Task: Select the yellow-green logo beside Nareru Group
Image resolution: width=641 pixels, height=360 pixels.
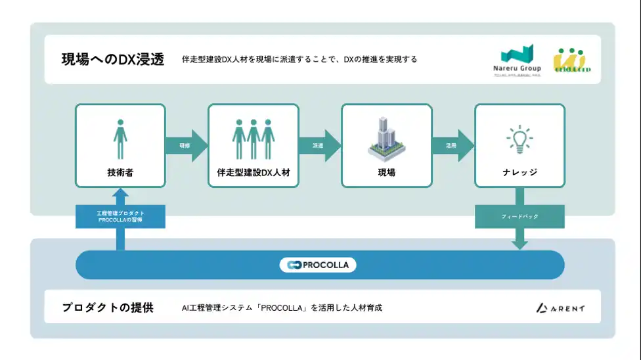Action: (571, 60)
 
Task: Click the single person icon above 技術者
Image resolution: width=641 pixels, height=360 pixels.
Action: (120, 139)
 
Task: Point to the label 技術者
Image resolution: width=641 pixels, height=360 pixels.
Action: (120, 173)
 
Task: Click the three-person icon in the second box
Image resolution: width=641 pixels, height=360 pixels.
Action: (254, 139)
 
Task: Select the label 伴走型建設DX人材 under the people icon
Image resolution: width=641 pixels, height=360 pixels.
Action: (254, 173)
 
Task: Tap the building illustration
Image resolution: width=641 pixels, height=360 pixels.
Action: (386, 139)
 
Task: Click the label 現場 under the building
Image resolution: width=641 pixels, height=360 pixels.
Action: (386, 173)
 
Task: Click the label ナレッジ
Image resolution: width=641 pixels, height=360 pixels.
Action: (519, 173)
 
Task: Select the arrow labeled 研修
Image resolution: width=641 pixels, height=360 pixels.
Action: (187, 145)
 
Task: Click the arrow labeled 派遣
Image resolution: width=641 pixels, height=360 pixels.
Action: (319, 145)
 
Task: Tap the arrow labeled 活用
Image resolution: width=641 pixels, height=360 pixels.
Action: (453, 145)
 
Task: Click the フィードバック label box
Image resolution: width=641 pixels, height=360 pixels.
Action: (519, 216)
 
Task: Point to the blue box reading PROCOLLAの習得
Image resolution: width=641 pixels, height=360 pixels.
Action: (120, 216)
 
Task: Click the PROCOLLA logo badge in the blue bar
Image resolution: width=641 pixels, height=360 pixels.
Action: (319, 265)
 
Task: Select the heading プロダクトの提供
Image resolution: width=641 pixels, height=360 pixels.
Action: (108, 307)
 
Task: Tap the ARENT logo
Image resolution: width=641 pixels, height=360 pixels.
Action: (560, 307)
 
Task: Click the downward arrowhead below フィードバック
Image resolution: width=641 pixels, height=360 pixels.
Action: (519, 243)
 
